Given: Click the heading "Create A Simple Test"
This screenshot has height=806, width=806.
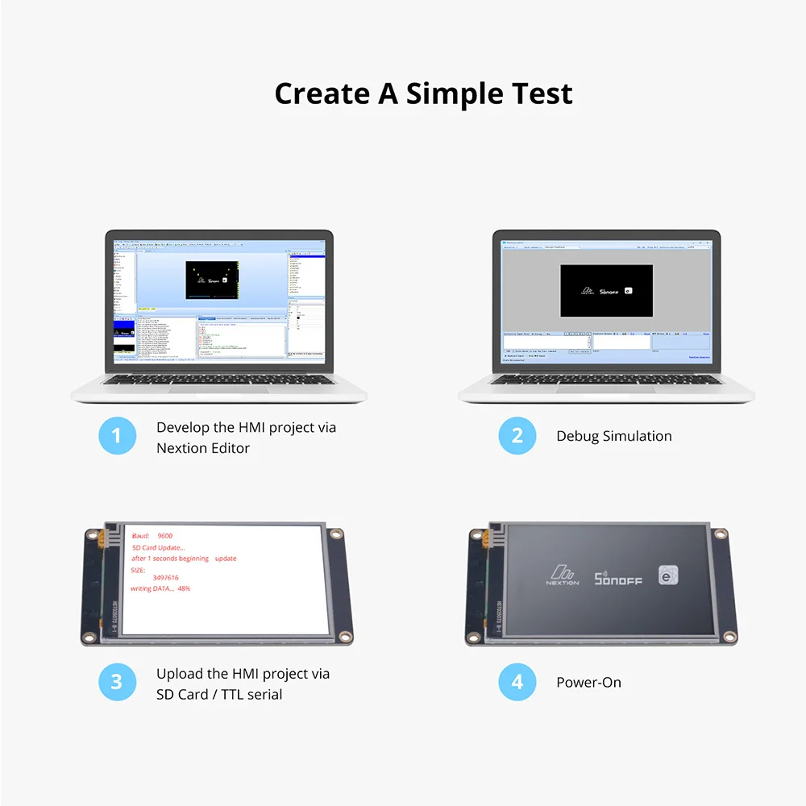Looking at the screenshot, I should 423,93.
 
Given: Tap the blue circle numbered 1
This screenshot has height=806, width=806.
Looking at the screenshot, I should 116,436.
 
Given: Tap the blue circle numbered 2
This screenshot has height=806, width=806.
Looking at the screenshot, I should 517,436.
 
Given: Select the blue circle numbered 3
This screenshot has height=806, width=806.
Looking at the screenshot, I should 116,682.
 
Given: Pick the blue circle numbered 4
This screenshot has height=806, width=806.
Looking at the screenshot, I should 517,682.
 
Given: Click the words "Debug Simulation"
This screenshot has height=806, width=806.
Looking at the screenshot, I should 613,436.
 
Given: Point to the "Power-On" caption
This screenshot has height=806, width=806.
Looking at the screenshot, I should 588,682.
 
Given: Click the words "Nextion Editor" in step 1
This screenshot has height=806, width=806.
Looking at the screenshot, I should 203,448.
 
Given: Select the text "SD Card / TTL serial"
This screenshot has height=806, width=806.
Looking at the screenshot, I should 219,694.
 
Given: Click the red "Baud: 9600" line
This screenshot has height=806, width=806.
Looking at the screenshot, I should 152,536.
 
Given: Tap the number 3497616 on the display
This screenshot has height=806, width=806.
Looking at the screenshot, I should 165,578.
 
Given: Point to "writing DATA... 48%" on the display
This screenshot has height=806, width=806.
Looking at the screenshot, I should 160,589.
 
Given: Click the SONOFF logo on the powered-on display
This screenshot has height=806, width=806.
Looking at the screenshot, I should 618,578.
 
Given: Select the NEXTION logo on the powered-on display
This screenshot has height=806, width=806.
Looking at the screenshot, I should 563,575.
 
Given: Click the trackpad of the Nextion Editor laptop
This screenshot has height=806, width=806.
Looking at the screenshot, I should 219,389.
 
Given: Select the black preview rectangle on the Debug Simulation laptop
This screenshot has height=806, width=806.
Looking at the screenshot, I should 606,290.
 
